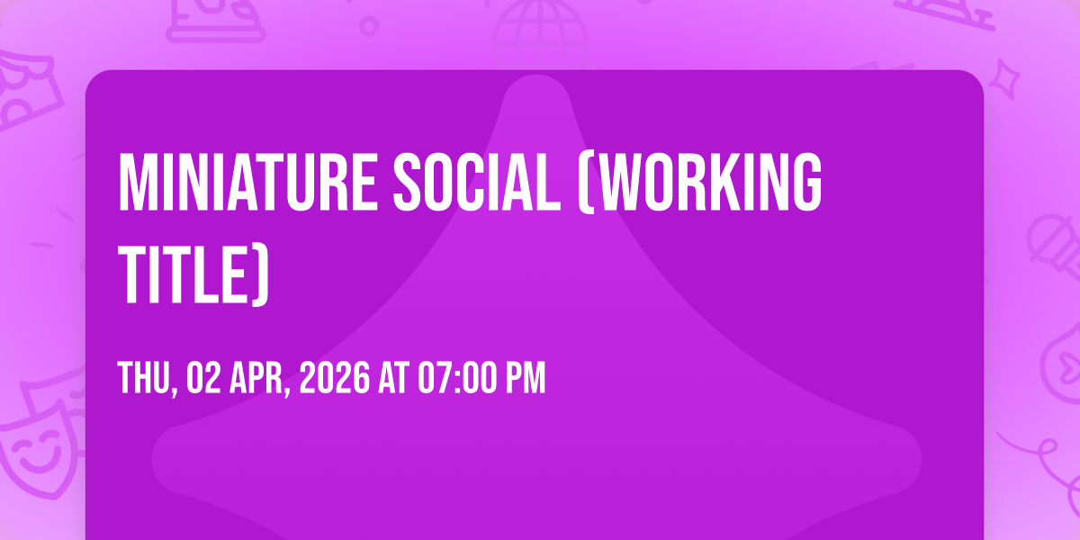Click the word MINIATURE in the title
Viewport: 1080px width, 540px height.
[x=247, y=182]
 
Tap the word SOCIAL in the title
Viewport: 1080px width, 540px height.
[x=477, y=182]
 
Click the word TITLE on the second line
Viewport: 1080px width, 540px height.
[x=183, y=274]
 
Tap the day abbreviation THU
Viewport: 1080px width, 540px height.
[x=145, y=379]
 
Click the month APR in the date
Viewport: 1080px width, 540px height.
[x=257, y=379]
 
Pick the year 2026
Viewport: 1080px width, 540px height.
[x=335, y=379]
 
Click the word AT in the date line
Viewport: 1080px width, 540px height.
[x=394, y=379]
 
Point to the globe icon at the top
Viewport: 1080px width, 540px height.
[x=540, y=34]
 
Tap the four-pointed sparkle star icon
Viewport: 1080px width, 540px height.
[x=1004, y=79]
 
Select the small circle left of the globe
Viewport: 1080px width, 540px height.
[x=369, y=26]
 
